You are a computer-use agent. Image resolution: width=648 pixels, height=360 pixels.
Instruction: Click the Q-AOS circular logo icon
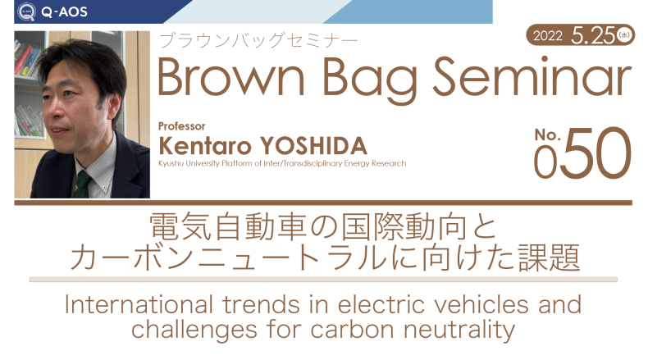pos(26,11)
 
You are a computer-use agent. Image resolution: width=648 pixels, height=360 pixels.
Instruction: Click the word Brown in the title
pos(231,77)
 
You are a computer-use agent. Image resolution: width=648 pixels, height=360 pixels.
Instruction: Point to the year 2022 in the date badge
pos(548,36)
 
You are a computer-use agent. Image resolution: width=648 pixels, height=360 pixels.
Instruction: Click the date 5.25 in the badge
pos(593,35)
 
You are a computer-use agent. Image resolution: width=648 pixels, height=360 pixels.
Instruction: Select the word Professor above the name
pos(182,126)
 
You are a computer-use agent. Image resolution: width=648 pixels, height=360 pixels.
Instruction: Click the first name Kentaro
pos(205,146)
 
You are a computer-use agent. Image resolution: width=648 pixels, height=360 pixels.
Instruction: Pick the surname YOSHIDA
pos(313,146)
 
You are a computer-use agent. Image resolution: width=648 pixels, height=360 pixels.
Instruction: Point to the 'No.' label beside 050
pos(547,134)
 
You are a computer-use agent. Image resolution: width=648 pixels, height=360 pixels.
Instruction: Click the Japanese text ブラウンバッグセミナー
pos(258,41)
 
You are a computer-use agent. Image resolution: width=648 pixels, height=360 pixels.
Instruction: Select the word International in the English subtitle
pos(139,304)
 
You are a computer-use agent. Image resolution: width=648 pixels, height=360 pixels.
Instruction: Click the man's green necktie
pos(82,185)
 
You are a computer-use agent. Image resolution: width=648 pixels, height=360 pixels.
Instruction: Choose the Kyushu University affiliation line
pos(282,163)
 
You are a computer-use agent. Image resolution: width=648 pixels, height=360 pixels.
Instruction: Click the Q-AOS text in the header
pos(65,12)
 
